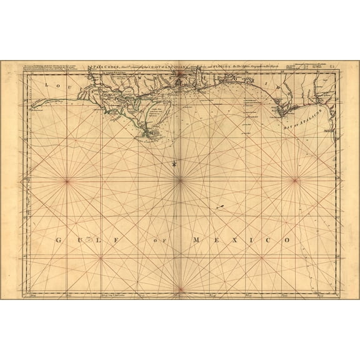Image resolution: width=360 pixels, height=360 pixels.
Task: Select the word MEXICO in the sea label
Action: click(242, 240)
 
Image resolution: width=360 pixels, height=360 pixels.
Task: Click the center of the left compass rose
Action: click(67, 181)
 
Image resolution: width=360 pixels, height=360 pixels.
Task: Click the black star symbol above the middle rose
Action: click(173, 163)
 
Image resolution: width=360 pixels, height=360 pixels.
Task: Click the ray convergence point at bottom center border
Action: click(180, 292)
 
